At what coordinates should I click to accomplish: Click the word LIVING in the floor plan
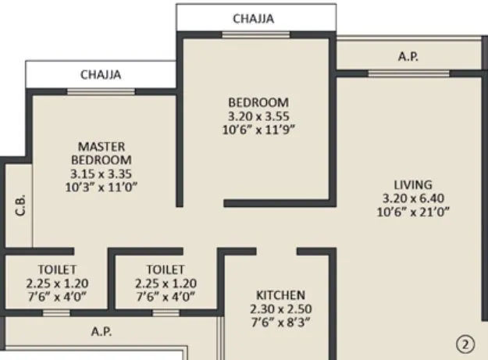413,184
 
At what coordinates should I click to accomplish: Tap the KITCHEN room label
280,295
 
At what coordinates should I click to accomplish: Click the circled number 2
465,343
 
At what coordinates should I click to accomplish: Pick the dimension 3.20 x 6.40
413,198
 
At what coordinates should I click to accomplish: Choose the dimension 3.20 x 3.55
258,116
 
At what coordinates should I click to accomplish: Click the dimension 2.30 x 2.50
280,308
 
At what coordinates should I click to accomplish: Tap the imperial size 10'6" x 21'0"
413,211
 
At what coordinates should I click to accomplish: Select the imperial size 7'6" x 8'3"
280,322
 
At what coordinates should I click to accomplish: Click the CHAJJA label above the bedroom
255,19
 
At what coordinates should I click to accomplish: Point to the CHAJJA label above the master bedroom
102,75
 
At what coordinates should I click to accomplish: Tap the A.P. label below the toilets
102,331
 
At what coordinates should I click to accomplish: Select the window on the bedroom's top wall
245,34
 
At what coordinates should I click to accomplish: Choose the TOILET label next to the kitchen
165,270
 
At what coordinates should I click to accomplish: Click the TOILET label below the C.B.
55,270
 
